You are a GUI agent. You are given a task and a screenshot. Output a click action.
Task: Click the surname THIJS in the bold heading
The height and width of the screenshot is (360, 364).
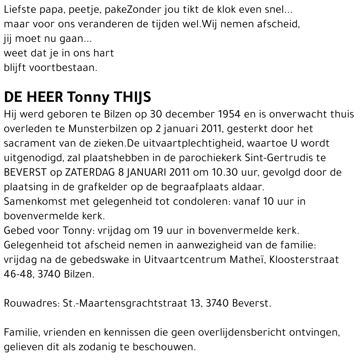point(132,98)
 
